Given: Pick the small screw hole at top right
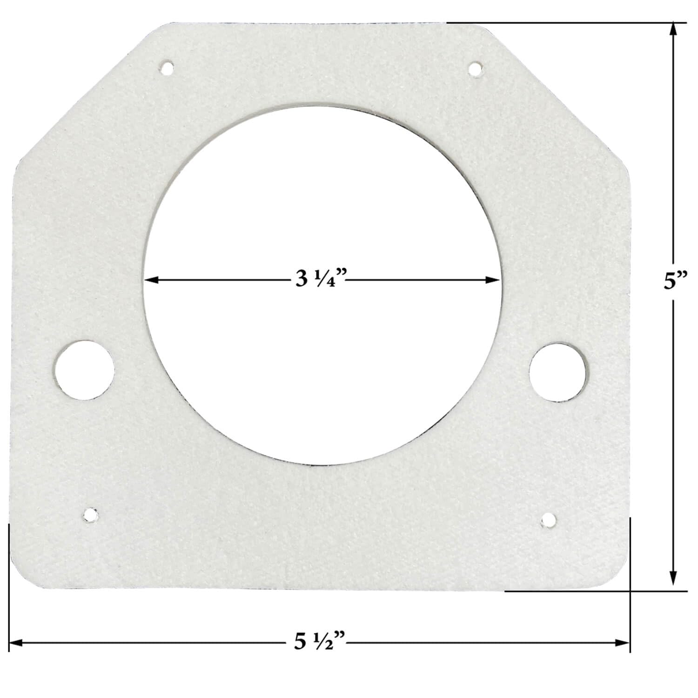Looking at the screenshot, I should pos(475,69).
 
